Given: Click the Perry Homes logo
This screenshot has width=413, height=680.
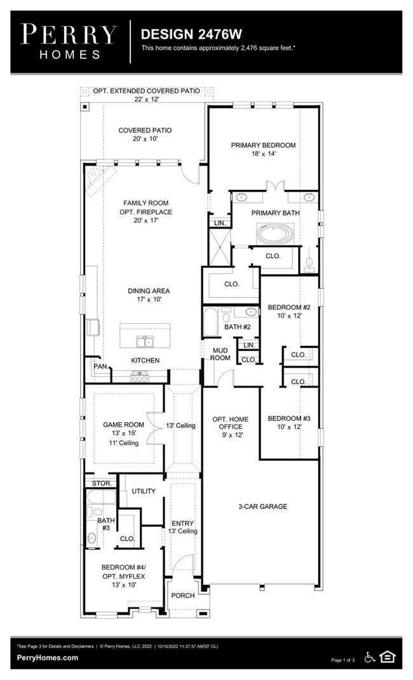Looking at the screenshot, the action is coord(69,42).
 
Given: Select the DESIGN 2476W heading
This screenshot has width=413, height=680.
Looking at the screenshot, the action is coord(191,34).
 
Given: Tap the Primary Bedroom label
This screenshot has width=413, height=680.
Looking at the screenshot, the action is coord(263,145).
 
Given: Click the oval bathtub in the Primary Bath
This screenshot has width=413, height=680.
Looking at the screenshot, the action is coord(276,234).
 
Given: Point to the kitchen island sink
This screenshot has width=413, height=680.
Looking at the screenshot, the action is coord(144,342).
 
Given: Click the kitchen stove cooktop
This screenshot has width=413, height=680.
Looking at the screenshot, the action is coord(140,376).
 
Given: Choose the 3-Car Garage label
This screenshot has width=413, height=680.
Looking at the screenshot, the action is coord(263,506).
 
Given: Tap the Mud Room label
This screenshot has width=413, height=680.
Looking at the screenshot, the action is coord(220,354).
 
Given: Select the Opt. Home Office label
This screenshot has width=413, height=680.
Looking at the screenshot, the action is coord(231,423).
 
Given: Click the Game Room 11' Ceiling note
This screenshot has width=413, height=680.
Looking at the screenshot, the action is coord(124,443).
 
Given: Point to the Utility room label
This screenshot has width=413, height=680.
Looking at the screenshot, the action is coord(144,491).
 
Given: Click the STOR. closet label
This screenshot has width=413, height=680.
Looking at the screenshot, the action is coord(102,483).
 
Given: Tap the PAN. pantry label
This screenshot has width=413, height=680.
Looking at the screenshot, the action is coord(101,366).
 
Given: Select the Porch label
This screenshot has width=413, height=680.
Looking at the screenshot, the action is coord(182,596).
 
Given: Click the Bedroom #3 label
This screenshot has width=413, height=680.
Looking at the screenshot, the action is coord(289,418).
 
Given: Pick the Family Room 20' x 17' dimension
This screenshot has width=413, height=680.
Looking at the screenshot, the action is coord(146,220).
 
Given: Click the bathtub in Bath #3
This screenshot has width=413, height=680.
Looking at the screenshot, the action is coord(101,497).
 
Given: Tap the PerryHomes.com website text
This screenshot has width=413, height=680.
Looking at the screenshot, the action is coord(47,657).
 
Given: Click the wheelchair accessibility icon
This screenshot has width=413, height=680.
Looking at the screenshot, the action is coord(370,657).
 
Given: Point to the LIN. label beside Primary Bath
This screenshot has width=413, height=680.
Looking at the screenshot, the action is coord(220,223).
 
